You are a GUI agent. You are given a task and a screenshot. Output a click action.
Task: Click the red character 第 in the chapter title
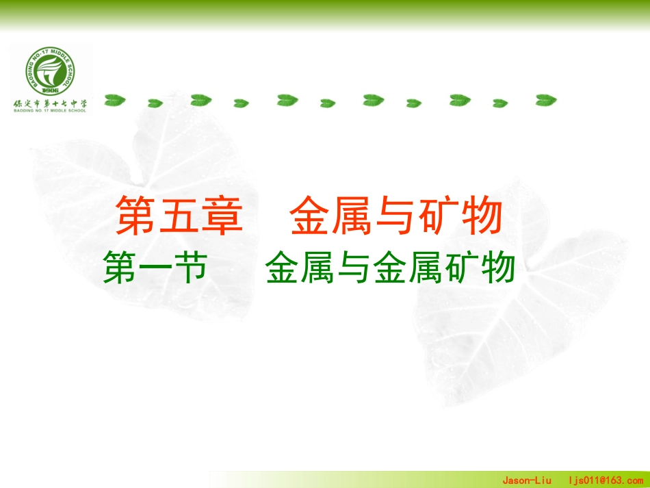pyautogui.click(x=138, y=216)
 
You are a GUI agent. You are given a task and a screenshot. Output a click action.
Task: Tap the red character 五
pyautogui.click(x=180, y=216)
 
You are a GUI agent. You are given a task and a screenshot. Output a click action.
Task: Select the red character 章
pyautogui.click(x=222, y=216)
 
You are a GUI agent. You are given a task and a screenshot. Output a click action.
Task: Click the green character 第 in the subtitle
pyautogui.click(x=120, y=267)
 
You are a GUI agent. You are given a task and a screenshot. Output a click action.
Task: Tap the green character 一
pyautogui.click(x=155, y=267)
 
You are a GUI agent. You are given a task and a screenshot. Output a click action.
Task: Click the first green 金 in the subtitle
pyautogui.click(x=283, y=267)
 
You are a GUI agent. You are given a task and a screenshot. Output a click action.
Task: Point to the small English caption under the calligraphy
pyautogui.click(x=50, y=111)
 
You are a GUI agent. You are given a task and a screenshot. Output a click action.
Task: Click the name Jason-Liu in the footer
pyautogui.click(x=528, y=480)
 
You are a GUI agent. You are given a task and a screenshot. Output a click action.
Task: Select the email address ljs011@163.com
pyautogui.click(x=606, y=480)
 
